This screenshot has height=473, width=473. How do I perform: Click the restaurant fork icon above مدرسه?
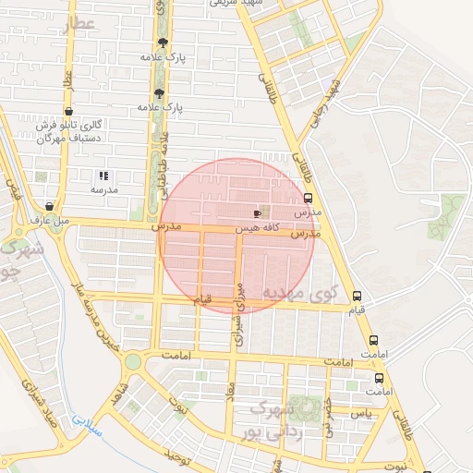(103, 175)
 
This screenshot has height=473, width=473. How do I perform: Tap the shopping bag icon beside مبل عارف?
(48, 206)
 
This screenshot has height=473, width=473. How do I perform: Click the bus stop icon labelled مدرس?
(308, 198)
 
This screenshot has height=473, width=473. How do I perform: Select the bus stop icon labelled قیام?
(358, 297)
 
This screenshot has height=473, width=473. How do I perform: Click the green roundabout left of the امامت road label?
(133, 361)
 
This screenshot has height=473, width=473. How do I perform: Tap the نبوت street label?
(395, 467)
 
